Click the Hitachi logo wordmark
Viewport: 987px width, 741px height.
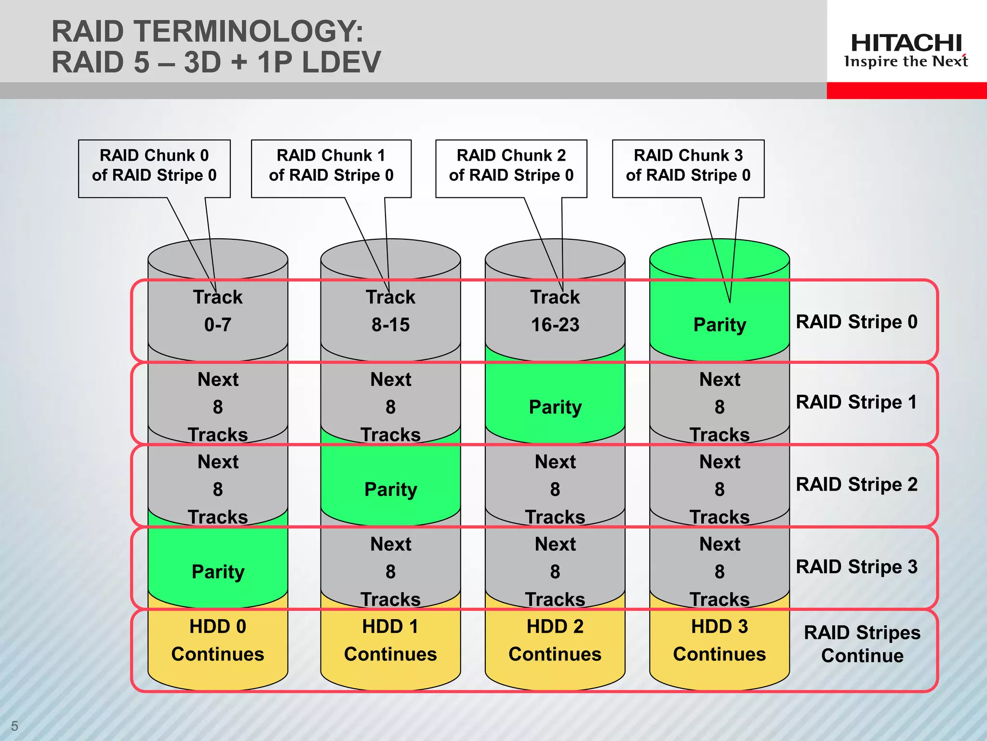pos(906,43)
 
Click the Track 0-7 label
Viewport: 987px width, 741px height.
pos(218,311)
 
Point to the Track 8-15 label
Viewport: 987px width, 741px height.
pos(390,311)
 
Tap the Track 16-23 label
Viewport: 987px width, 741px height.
pos(555,311)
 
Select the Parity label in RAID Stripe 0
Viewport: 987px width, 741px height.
pos(720,325)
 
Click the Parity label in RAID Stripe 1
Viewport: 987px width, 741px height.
pos(555,407)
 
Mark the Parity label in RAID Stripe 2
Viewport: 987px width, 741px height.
pos(390,489)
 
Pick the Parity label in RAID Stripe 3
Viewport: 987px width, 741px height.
pos(218,572)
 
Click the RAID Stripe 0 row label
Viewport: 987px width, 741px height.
pos(856,322)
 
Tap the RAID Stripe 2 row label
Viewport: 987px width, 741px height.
pos(856,484)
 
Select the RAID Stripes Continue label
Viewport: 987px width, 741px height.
pos(862,644)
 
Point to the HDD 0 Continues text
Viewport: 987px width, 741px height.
pos(218,640)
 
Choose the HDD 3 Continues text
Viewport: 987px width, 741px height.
pos(720,640)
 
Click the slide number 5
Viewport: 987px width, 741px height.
pos(14,726)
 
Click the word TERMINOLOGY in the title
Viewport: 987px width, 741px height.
pos(248,32)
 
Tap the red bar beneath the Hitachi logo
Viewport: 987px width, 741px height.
pos(907,91)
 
